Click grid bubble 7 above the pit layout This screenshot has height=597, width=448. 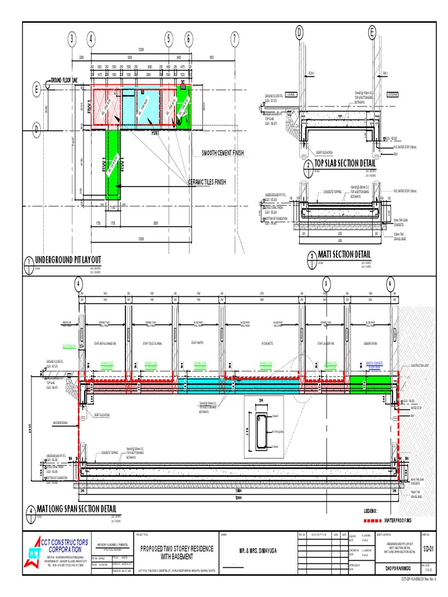pos(235,40)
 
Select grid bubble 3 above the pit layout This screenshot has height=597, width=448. pos(72,40)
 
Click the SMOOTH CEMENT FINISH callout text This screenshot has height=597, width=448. pos(222,153)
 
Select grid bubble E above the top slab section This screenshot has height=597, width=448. pos(372,33)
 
